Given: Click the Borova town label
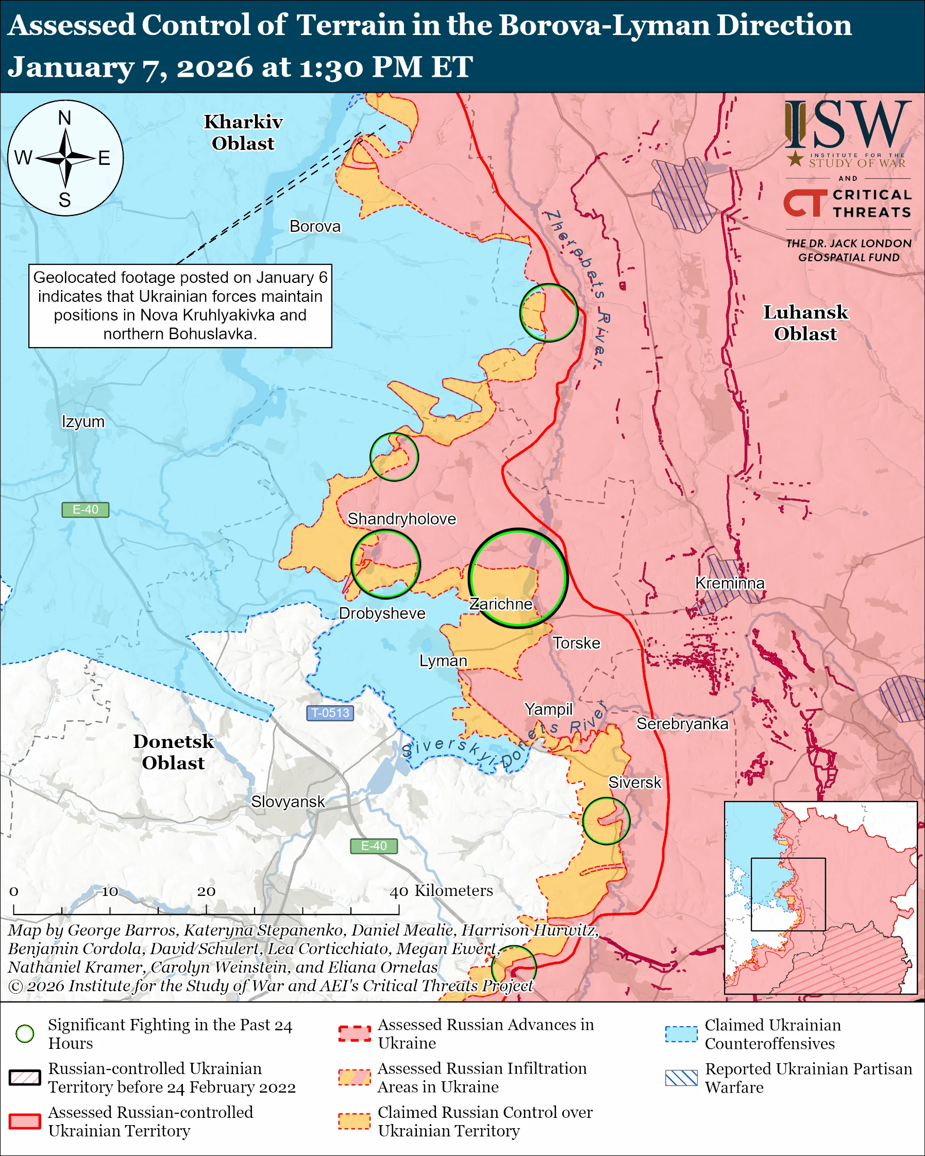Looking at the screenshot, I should coord(315,226).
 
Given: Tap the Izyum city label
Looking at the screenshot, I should coord(83,421).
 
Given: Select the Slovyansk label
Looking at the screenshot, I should coord(288,802).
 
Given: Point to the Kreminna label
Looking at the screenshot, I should coord(729,583).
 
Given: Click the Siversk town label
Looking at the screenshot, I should coord(634,783).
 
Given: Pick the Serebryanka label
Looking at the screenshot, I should coord(682,724).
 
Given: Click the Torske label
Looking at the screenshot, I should coord(577,643).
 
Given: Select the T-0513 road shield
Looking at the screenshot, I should coord(330,713).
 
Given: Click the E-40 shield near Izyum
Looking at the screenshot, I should coord(85,509).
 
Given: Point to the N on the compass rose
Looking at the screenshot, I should coord(64,118).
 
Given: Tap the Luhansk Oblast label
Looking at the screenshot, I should coord(805,323).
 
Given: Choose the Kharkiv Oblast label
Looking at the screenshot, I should coord(243,132).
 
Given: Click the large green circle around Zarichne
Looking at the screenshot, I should coord(518,577).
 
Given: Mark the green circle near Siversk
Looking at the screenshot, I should coord(606,821).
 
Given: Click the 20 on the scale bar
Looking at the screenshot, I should coord(206,892).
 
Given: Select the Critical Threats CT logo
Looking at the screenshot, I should coord(805,203).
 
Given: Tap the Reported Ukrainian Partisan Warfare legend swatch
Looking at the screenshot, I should coord(681,1078).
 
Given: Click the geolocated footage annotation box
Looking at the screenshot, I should coord(180,305).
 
